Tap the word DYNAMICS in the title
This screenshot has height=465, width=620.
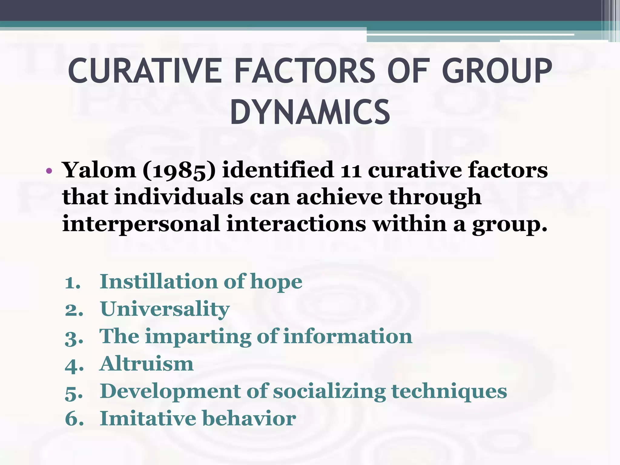click(310, 113)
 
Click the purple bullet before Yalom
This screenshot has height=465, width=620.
click(49, 171)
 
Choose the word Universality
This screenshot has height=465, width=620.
click(165, 309)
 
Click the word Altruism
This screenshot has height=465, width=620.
click(147, 364)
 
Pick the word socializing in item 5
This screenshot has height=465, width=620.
click(329, 392)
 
